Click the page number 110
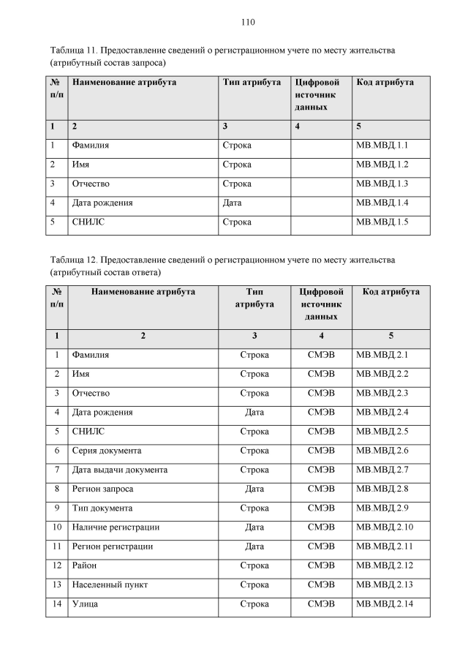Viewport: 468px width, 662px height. coord(247,22)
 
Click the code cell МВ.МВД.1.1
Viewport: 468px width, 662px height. coord(381,146)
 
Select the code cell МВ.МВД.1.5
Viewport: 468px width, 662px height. coord(381,222)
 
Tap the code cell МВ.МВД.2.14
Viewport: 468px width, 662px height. coord(383,603)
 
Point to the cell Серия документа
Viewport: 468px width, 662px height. coord(107,450)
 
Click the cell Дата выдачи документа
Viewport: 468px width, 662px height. coord(120,469)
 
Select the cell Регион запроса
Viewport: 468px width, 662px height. coord(102,488)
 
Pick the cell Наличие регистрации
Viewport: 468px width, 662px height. coord(116,527)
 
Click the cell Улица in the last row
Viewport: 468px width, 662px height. coord(85,603)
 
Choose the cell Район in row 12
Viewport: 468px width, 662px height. coord(85,565)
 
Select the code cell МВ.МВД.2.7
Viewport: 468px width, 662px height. coord(381,469)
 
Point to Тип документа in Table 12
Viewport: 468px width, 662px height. coord(102,508)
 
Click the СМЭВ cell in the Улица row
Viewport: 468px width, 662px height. coord(321,603)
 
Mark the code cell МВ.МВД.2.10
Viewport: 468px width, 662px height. coord(383,527)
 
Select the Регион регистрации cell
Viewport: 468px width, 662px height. coord(112,546)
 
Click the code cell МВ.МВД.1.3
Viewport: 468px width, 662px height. coord(381,184)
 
